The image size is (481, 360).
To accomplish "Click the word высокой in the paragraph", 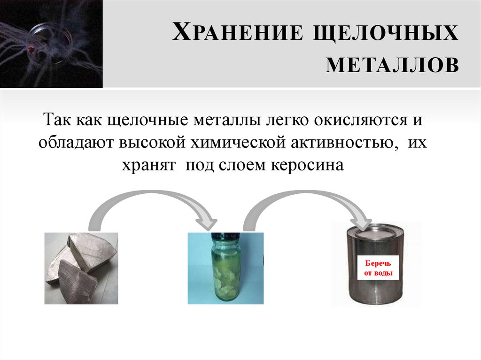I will tap(154, 142).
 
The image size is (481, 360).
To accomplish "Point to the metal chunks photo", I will tap(81, 268).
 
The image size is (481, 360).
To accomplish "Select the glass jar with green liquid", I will tap(225, 270).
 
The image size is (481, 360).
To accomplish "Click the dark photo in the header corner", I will tap(51, 44).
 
